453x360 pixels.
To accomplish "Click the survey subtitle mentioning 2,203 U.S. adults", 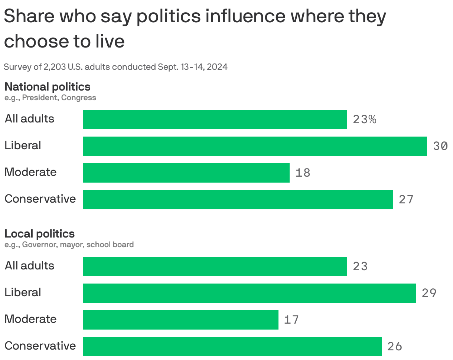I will [115, 67].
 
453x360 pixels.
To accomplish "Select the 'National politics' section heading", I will [47, 87].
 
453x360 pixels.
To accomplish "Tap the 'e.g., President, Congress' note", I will [50, 98].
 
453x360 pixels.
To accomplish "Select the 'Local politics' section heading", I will [39, 234].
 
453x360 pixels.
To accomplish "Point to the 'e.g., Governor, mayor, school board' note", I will [69, 245].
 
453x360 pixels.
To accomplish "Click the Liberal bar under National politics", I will [255, 146].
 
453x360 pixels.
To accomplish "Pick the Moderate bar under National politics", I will [186, 173].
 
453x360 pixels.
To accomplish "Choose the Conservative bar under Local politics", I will [232, 347].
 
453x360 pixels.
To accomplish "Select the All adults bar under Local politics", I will [215, 266].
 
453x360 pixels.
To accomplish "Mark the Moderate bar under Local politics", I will [180, 320].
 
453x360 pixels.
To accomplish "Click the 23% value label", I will [364, 120].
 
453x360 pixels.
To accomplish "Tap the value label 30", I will [440, 146].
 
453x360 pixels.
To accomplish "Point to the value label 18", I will [303, 173].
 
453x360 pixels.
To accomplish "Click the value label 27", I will [406, 200].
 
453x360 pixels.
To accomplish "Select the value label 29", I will [429, 293].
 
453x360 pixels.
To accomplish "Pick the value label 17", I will [291, 320].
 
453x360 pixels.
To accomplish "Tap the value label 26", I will [394, 347].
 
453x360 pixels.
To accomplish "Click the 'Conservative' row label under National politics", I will [40, 199].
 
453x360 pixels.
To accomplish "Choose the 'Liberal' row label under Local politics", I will [23, 292].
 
